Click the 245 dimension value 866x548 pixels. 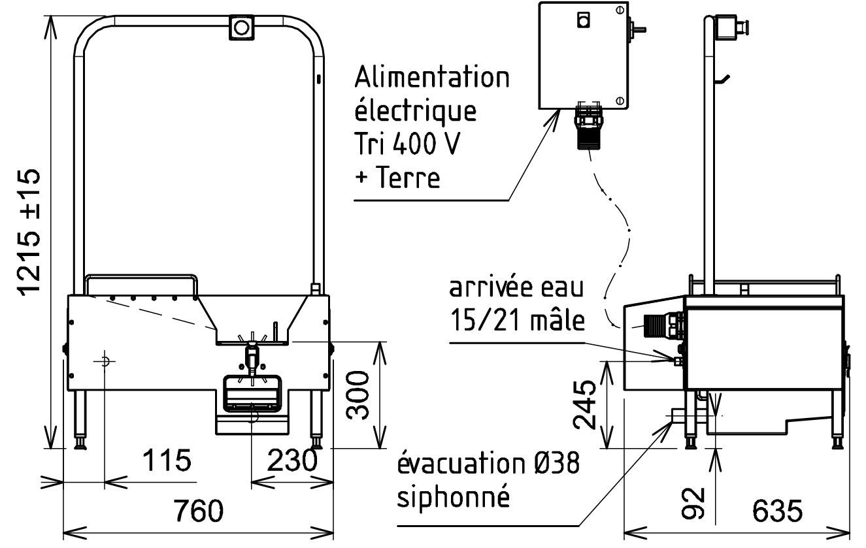click(586, 404)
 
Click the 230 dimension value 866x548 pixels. click(291, 460)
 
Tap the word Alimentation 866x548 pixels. click(432, 77)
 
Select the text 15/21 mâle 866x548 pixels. click(516, 321)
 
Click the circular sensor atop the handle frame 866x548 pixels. click(241, 27)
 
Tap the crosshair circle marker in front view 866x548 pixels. click(105, 360)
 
